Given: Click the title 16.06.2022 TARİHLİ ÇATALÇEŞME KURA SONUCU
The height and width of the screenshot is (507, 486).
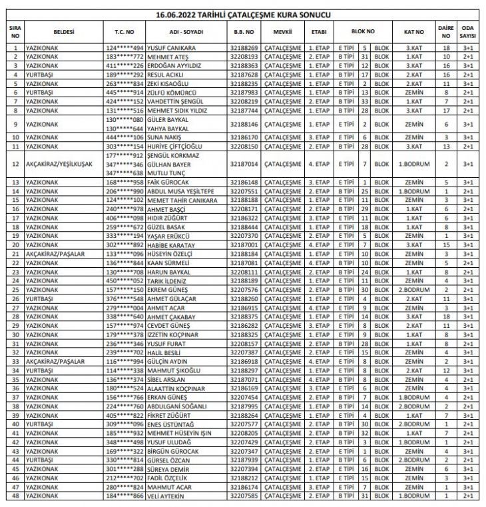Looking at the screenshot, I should point(243,14).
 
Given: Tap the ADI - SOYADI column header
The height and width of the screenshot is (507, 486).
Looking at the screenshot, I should point(184,31).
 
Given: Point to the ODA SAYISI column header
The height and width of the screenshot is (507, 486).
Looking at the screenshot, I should point(468,31).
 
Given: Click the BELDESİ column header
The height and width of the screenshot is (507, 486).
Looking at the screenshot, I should point(64,31).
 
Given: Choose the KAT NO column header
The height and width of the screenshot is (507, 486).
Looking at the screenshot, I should point(414,31).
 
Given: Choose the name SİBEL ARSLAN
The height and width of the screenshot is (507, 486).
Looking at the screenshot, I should point(166,379).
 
